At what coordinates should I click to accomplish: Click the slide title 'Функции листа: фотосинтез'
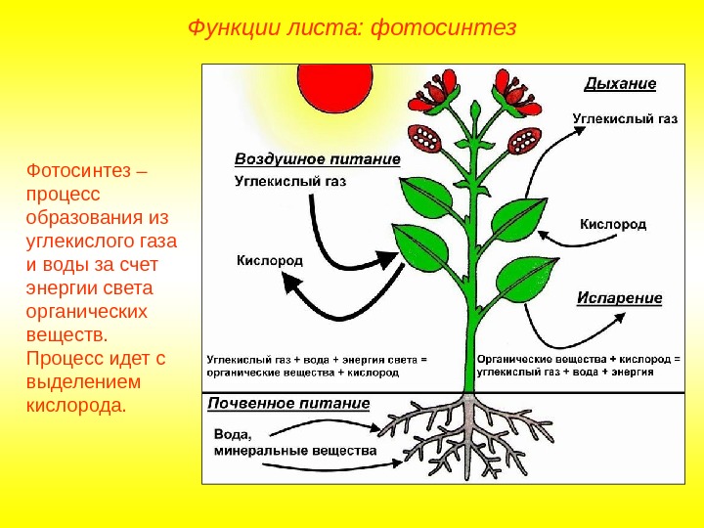pos(351,26)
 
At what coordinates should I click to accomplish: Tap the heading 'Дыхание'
pos(620,83)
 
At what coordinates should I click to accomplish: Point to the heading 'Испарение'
pos(619,297)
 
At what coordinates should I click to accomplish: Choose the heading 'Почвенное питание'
pos(288,403)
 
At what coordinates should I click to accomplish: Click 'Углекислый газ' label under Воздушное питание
pos(290,181)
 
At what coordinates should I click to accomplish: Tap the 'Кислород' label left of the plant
pos(270,260)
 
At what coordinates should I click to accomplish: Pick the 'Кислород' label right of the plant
pos(613,224)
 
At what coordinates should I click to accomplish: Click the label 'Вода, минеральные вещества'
pos(293,442)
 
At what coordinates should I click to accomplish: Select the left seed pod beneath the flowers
pos(431,142)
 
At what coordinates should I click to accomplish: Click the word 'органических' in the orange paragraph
pos(85,311)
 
